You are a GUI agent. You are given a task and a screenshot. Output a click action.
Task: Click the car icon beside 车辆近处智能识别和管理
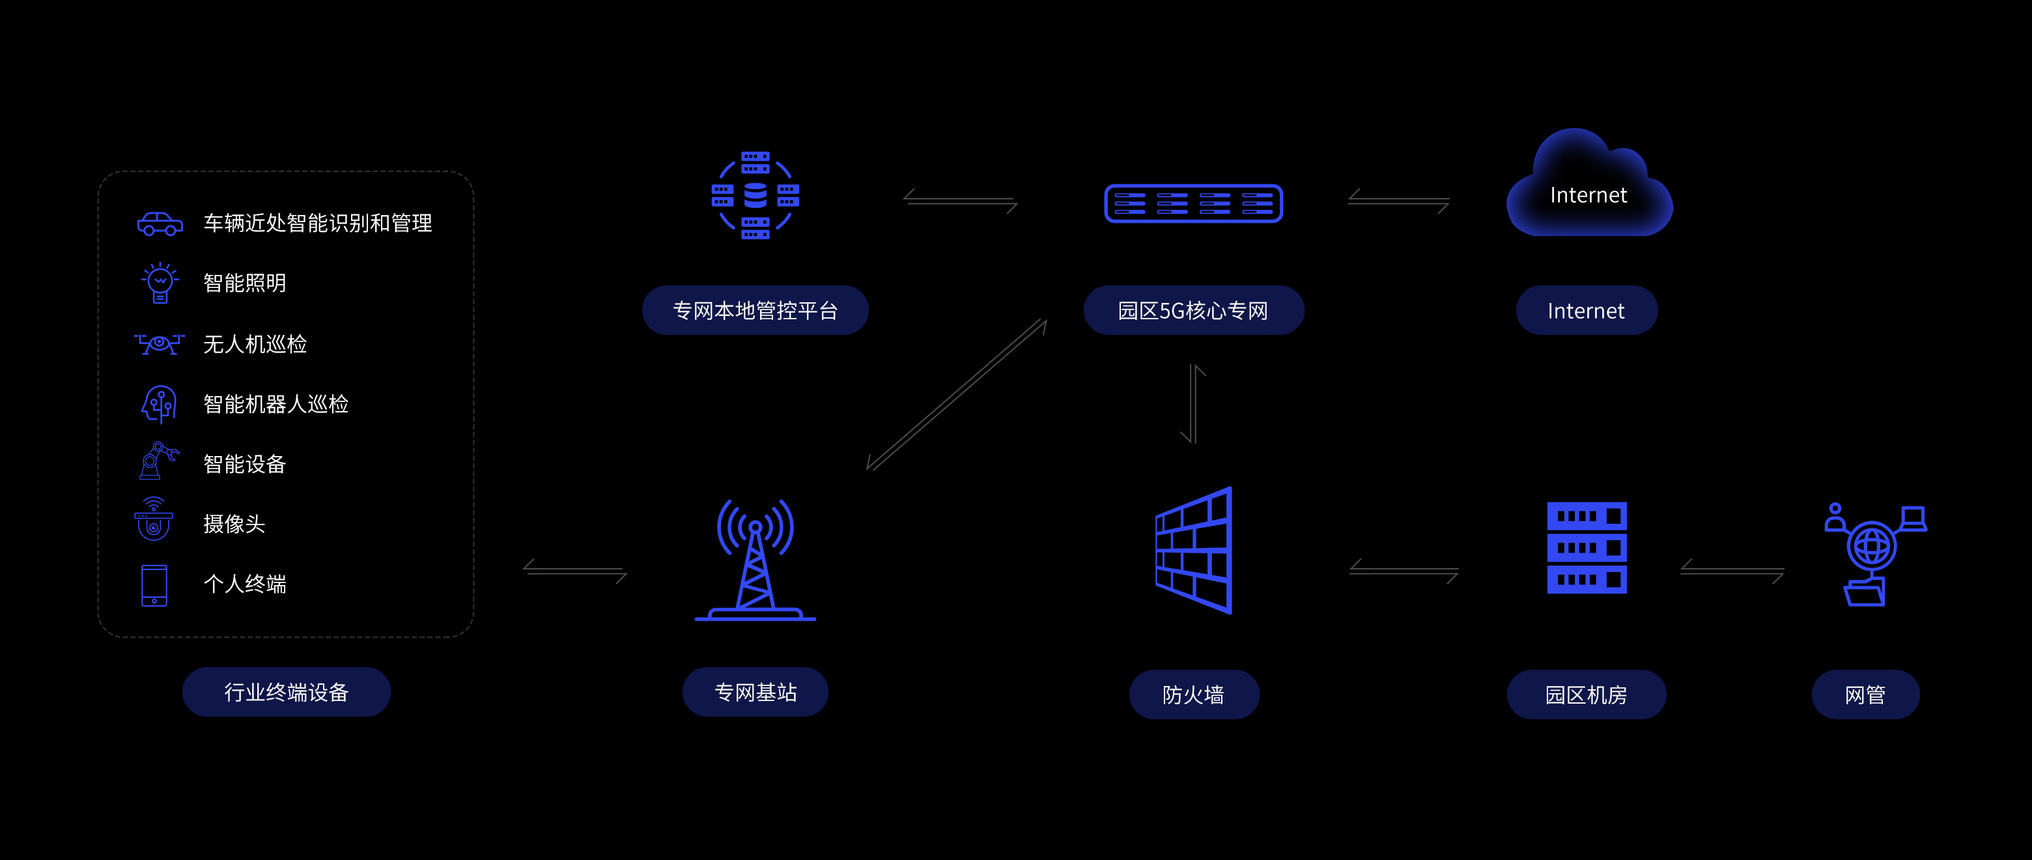coord(160,224)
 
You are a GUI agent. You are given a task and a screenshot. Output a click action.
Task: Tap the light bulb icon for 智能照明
coord(160,283)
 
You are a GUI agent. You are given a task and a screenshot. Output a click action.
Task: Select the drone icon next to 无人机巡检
coord(160,344)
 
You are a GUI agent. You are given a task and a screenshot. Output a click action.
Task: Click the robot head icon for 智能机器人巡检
coord(160,404)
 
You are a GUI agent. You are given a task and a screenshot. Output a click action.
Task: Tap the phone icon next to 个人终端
coord(154,584)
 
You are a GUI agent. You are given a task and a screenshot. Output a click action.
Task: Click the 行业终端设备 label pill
coord(287,692)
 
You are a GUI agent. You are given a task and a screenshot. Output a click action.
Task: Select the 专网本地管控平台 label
coord(755,310)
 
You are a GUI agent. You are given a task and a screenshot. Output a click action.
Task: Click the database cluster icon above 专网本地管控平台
coord(755,195)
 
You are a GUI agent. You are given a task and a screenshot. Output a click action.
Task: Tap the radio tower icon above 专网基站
coord(755,560)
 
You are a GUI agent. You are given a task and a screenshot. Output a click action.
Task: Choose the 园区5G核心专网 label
coord(1192,310)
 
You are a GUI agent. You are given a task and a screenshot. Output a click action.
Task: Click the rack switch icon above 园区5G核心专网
coord(1192,203)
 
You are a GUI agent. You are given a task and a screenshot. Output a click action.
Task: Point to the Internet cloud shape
coord(1588,190)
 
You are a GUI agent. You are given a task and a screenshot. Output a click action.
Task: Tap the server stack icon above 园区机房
coord(1587,547)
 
